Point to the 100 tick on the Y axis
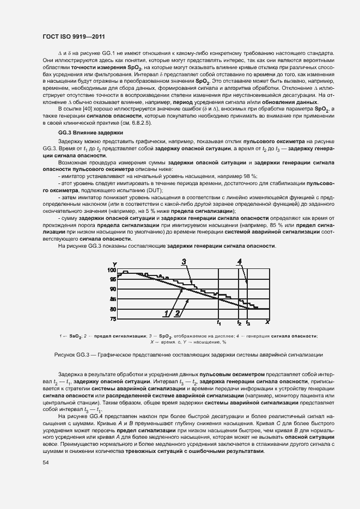[112, 270]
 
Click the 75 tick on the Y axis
[113, 318]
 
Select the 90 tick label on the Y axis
[113, 289]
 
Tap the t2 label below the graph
[239, 323]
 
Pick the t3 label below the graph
[248, 323]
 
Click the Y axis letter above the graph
[115, 264]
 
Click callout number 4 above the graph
[239, 262]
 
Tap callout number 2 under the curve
[177, 312]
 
